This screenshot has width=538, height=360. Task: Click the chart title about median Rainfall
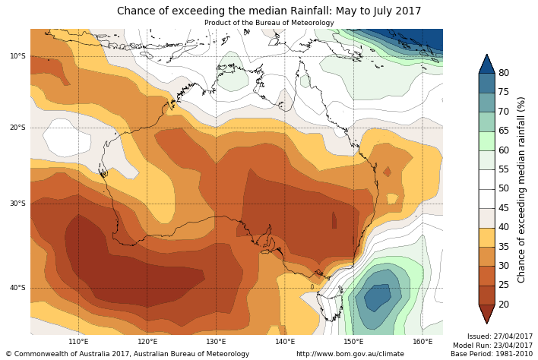point(269,11)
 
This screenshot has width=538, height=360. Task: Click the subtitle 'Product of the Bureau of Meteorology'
point(269,23)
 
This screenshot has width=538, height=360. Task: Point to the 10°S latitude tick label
point(17,56)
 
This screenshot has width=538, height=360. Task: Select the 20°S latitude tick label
point(17,128)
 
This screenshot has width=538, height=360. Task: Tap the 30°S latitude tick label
point(17,204)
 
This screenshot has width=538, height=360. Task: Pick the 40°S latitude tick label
point(17,288)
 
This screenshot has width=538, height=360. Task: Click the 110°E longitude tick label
point(79,342)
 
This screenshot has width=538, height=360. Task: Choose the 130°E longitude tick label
point(217,342)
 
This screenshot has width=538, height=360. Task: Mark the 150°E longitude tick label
point(354,342)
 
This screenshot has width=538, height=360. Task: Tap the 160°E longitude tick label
point(423,342)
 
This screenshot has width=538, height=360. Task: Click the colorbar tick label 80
point(504,73)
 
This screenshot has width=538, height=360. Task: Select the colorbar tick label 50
point(504,188)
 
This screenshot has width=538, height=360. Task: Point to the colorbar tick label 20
point(504,305)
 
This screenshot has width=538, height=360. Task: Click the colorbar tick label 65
point(504,131)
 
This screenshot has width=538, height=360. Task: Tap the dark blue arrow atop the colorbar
point(486,64)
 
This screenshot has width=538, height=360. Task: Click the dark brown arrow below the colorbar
point(486,314)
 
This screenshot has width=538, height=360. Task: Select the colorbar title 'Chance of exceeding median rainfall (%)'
point(522,189)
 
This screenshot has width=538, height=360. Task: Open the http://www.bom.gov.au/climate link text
point(350,354)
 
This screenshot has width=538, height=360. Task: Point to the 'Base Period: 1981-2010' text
point(492,354)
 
